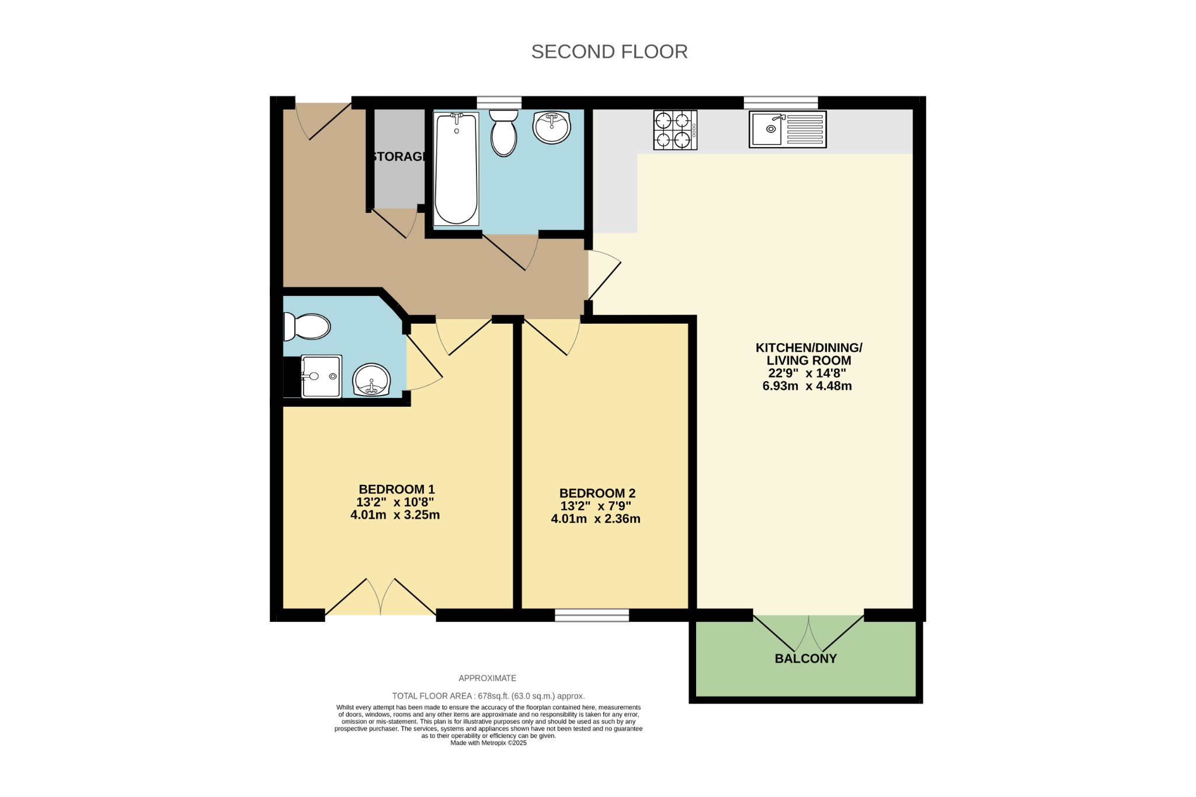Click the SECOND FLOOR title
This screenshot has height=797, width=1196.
tap(609, 51)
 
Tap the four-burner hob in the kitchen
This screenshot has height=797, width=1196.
tap(675, 130)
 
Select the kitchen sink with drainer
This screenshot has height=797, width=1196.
tap(787, 129)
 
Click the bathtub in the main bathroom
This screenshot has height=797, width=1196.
tap(456, 169)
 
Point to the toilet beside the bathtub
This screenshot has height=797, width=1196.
tap(503, 133)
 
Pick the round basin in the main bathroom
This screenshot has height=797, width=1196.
tap(551, 127)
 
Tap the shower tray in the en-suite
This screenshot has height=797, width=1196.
tap(321, 376)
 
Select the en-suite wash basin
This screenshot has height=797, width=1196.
tap(371, 379)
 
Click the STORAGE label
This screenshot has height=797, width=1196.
tap(399, 156)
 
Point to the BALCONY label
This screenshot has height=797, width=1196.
tap(805, 658)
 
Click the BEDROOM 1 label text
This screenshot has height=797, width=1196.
tap(397, 489)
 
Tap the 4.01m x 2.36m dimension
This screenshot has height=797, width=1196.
tap(595, 519)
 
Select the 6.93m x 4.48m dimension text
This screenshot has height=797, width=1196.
tap(807, 386)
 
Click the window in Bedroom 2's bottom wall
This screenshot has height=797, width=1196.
tap(592, 615)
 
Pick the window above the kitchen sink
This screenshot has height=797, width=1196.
tap(781, 103)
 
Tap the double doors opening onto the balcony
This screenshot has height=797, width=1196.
tap(809, 633)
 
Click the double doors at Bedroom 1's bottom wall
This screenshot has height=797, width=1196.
tap(380, 597)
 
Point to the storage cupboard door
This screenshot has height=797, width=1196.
tap(394, 222)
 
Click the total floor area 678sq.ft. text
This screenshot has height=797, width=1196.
tap(488, 696)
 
